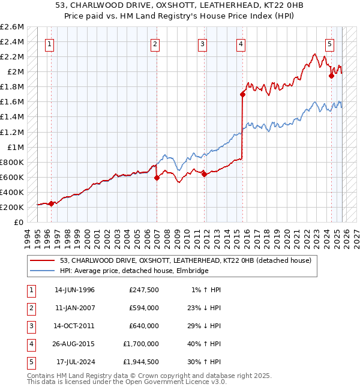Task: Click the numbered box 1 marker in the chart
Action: point(49,43)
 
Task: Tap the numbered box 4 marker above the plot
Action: point(240,43)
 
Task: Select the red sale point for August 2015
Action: point(242,94)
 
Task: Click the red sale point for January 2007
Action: point(157,178)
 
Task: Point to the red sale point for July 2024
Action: point(331,76)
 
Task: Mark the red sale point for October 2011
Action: point(204,174)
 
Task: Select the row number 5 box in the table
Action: point(29,362)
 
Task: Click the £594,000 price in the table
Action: point(143,308)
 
